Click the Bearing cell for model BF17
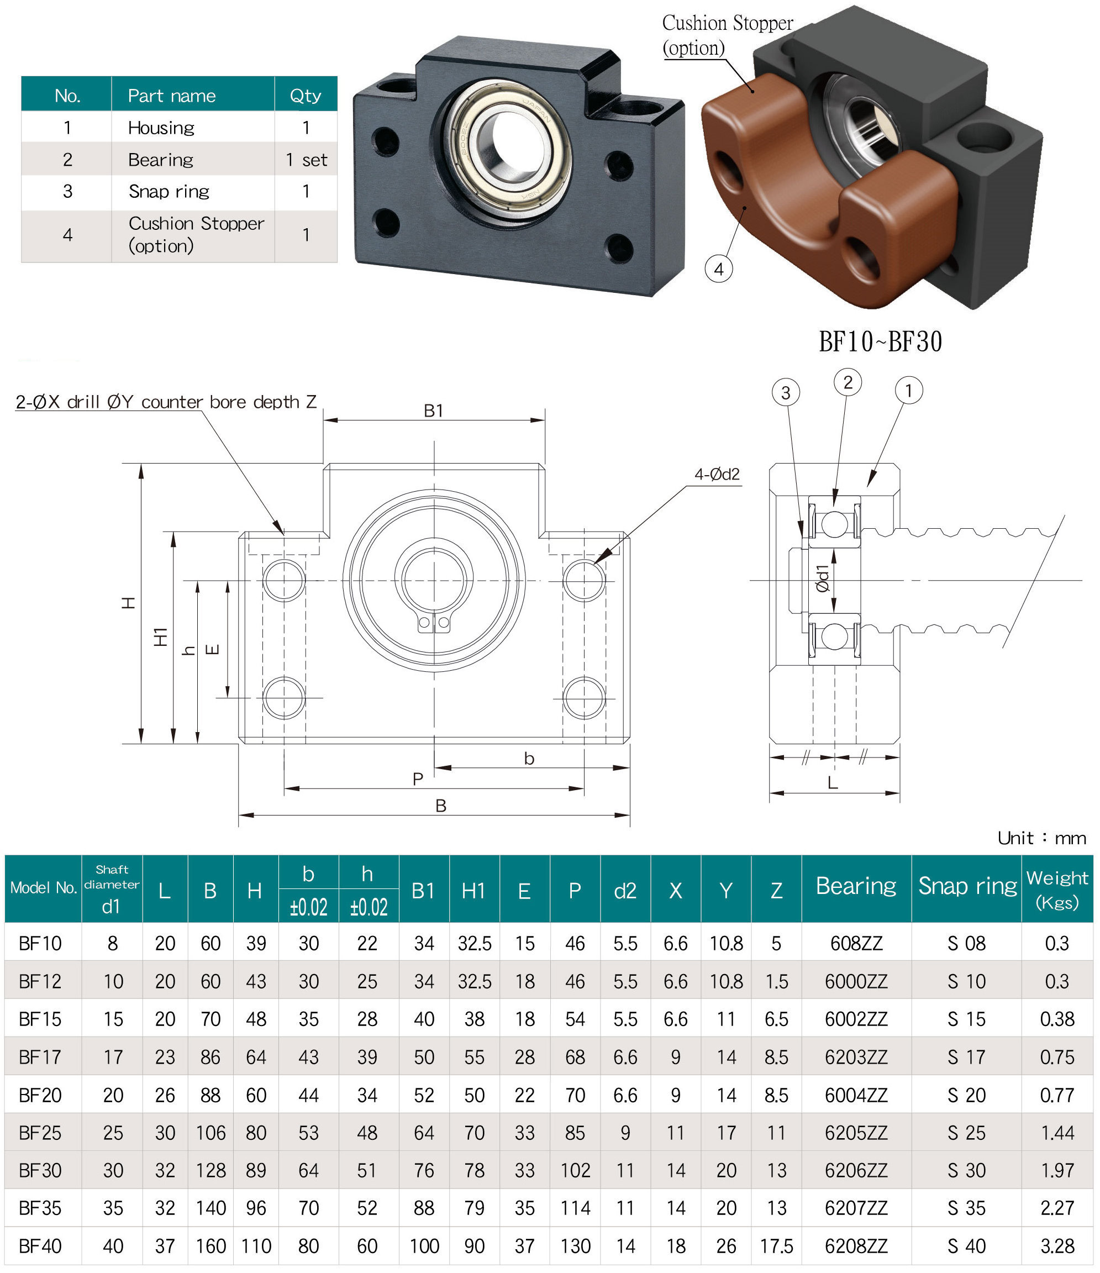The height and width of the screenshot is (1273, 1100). (x=856, y=1057)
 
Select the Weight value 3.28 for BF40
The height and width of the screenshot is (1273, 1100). (x=1056, y=1246)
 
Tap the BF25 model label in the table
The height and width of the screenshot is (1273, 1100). (x=40, y=1132)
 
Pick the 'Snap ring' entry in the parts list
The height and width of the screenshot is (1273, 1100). (x=169, y=192)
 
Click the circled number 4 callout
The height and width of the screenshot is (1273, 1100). (x=719, y=269)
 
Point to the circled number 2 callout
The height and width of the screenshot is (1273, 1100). (x=848, y=382)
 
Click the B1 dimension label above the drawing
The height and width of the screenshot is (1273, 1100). (x=433, y=411)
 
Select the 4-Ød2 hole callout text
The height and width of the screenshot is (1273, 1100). (x=717, y=474)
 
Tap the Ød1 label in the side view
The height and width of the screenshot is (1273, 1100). (x=823, y=578)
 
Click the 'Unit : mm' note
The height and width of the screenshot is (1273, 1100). (x=1041, y=838)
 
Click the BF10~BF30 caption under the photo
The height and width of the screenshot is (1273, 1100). (x=880, y=341)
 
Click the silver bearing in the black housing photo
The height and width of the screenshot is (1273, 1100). (x=508, y=150)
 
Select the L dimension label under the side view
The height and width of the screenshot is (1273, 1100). (x=832, y=783)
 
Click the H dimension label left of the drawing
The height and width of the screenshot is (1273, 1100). (x=128, y=602)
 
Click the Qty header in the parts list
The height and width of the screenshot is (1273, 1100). (x=305, y=95)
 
